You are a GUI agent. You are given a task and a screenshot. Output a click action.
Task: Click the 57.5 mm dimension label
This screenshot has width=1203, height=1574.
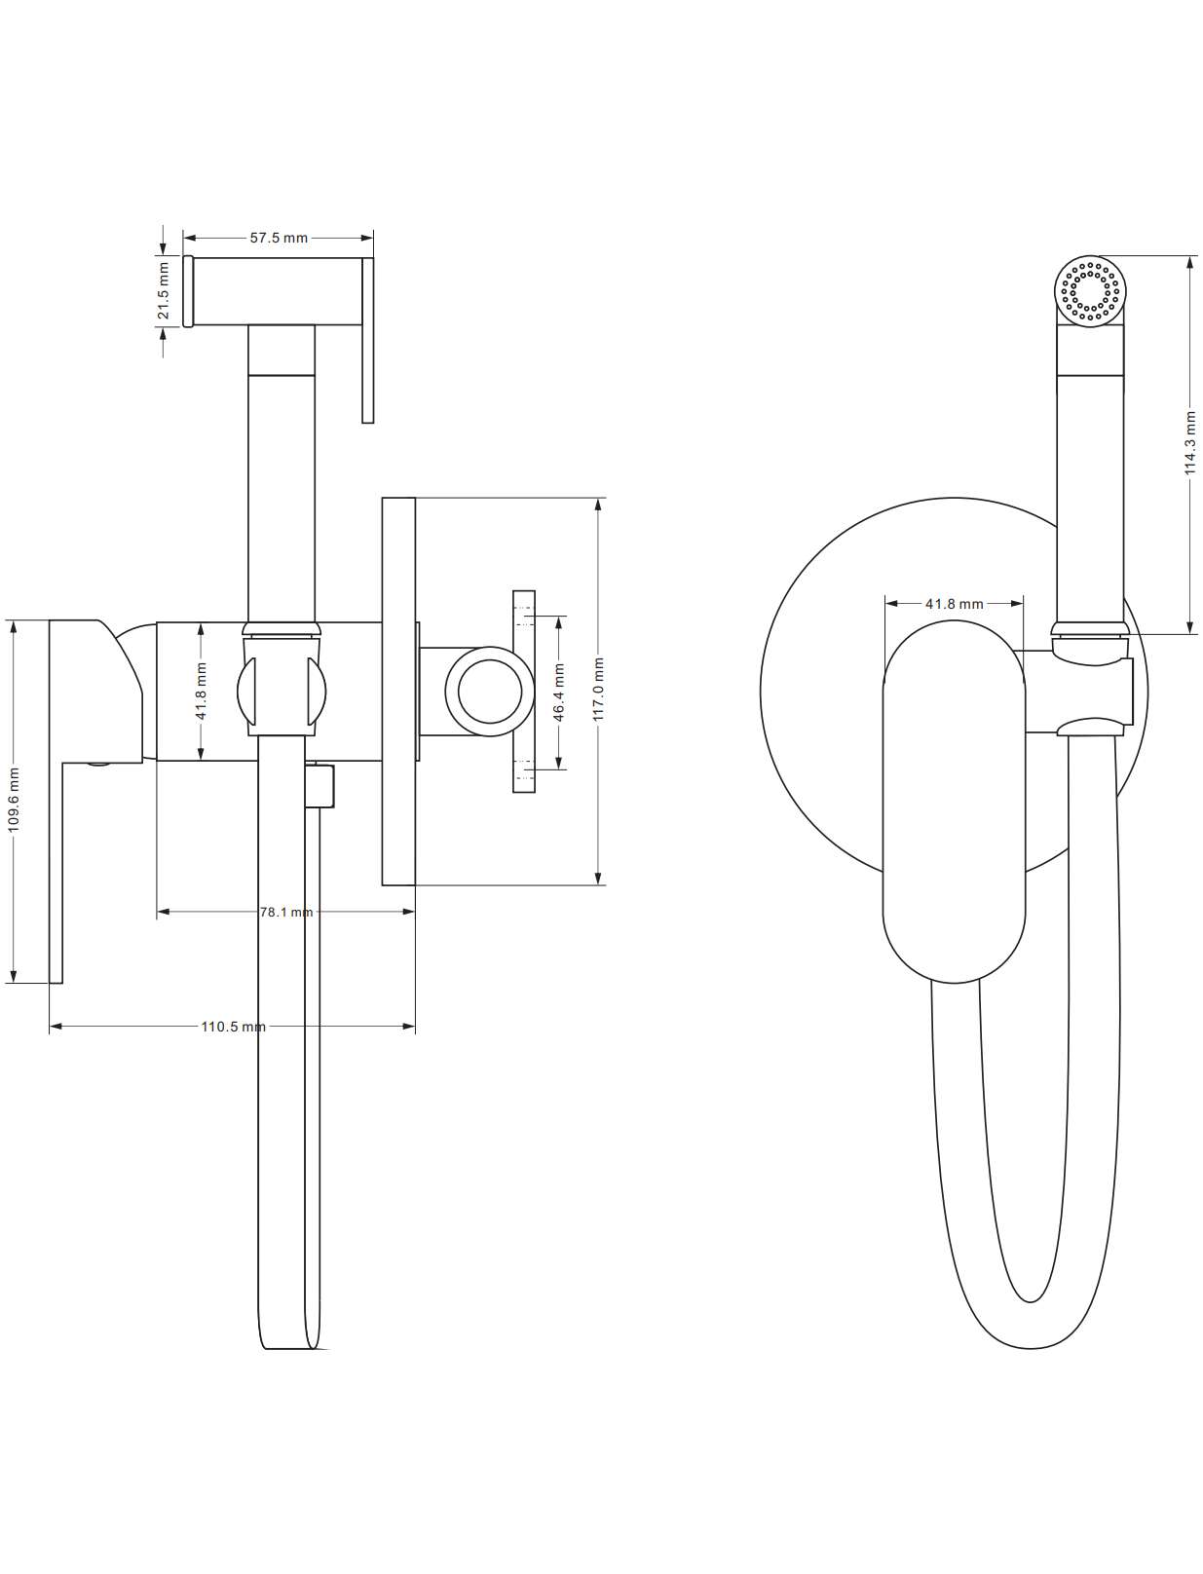279,238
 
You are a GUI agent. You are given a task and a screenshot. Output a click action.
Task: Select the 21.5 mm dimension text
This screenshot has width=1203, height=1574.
164,291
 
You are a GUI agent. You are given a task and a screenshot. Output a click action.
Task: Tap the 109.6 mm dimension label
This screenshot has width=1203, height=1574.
14,801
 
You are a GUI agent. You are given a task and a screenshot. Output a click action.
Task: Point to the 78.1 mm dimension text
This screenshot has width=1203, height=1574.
286,912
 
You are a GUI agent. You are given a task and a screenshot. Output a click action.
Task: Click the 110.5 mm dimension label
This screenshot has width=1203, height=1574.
233,1027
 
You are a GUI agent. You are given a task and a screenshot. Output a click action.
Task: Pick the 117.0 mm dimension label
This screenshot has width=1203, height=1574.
599,690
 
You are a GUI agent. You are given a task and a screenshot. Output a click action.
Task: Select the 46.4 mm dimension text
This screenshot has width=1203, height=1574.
559,692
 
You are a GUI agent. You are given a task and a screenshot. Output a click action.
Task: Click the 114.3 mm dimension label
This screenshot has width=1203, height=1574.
1190,442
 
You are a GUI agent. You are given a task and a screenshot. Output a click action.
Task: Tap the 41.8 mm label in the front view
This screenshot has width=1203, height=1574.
955,604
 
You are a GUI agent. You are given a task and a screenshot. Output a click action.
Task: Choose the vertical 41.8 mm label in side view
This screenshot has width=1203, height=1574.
202,692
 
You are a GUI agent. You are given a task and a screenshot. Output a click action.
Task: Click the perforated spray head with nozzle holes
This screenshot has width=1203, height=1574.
1089,290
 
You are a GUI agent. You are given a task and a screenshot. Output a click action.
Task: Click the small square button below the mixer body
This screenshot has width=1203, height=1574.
320,786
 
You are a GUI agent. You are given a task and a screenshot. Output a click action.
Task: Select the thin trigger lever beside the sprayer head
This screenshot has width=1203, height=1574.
368,340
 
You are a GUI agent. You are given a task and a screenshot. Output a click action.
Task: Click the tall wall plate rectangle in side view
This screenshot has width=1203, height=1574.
398,692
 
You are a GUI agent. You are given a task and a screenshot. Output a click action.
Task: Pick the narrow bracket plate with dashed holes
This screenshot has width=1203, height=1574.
524,692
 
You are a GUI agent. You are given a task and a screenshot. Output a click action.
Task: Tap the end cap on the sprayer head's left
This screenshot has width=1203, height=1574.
188,291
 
